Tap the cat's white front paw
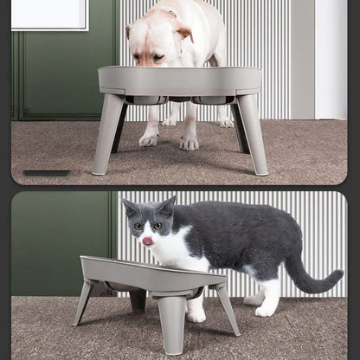pyautogui.click(x=196, y=315)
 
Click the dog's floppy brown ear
pyautogui.click(x=183, y=32)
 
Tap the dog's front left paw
pyautogui.click(x=150, y=138)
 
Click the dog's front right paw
pyautogui.click(x=189, y=142)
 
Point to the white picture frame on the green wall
pyautogui.click(x=49, y=14)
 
